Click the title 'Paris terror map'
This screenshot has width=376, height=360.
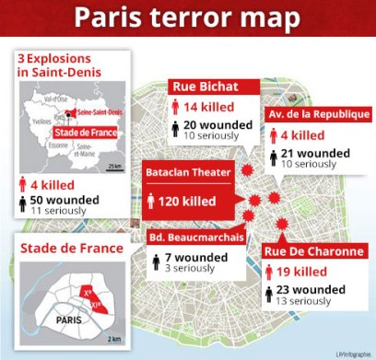(187, 18)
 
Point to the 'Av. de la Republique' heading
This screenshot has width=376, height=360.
(314, 114)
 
